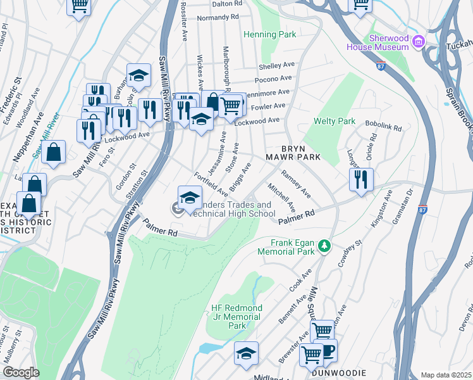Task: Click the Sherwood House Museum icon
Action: tap(417, 42)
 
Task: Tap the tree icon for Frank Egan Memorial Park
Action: tap(324, 244)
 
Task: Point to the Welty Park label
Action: tap(335, 120)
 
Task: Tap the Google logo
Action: tap(21, 372)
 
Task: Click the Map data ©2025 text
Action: tap(446, 375)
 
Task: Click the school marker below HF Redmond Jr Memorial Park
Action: tap(247, 353)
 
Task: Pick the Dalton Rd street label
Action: tap(228, 3)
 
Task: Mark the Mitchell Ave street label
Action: tap(281, 198)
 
